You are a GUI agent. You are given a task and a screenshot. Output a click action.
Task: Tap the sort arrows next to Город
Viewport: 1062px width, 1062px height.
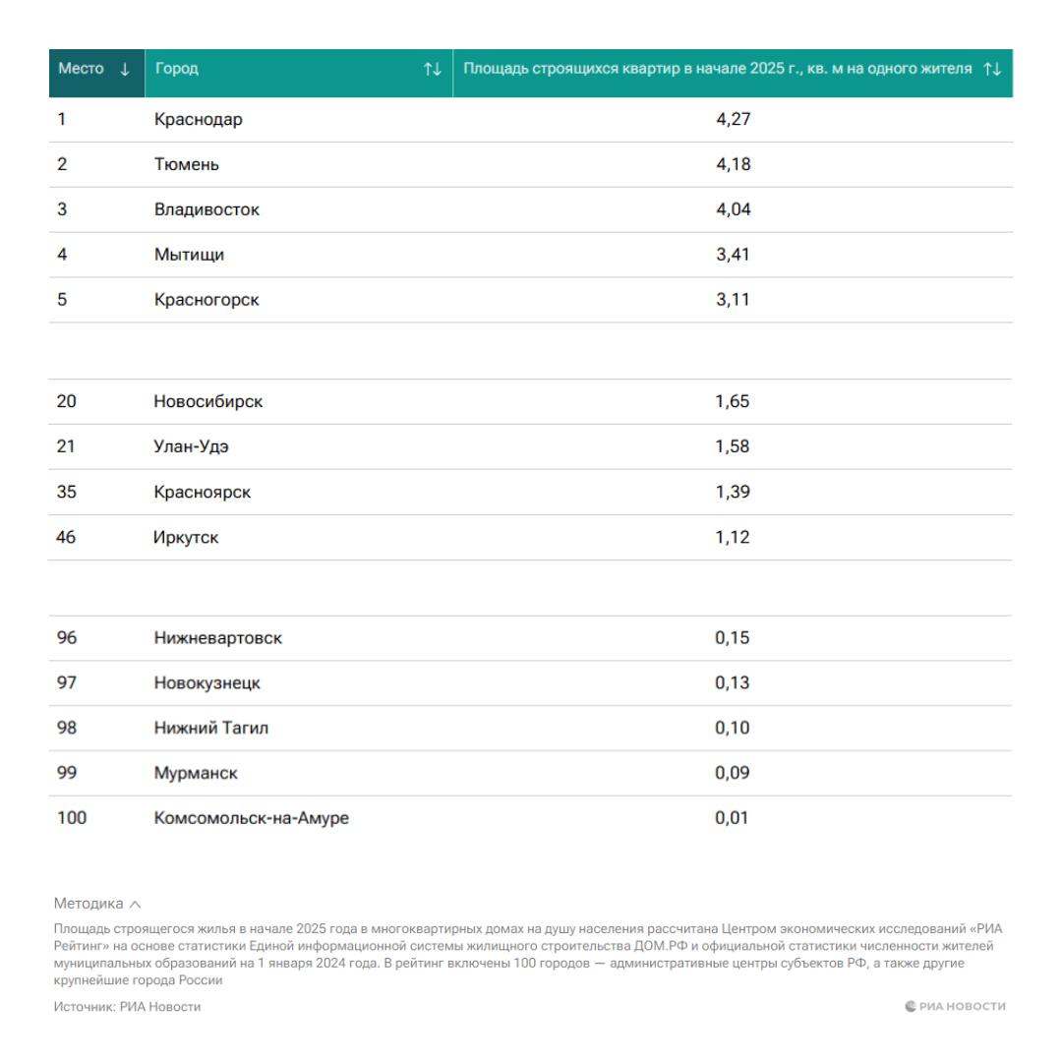pyautogui.click(x=433, y=69)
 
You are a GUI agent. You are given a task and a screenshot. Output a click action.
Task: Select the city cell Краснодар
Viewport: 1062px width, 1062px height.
pyautogui.click(x=198, y=120)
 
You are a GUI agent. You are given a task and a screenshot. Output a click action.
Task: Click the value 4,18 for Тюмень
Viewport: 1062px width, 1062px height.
pyautogui.click(x=733, y=164)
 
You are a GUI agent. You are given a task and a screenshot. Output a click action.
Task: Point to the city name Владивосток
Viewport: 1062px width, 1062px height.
pyautogui.click(x=206, y=209)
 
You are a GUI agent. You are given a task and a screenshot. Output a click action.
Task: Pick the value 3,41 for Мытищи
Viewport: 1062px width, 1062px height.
pyautogui.click(x=733, y=255)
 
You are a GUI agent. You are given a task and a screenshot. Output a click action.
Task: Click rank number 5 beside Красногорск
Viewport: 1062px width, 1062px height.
pyautogui.click(x=62, y=300)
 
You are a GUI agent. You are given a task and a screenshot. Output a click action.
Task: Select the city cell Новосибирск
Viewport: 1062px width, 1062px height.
pyautogui.click(x=208, y=401)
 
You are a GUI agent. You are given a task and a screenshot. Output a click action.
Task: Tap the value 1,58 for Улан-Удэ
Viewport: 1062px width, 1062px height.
pyautogui.click(x=733, y=446)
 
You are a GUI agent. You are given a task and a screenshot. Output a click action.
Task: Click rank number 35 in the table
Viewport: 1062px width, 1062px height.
pyautogui.click(x=67, y=492)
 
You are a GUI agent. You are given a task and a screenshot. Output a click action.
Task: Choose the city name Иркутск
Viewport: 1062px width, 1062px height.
pyautogui.click(x=186, y=537)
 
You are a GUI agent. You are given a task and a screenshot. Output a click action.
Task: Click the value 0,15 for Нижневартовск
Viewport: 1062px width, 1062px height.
pyautogui.click(x=733, y=637)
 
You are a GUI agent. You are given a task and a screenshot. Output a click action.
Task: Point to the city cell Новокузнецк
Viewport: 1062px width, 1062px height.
pyautogui.click(x=206, y=682)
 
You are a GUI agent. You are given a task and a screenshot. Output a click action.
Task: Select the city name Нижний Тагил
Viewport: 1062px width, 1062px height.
pyautogui.click(x=210, y=728)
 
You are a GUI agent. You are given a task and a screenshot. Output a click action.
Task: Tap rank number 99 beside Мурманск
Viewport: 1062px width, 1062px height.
pyautogui.click(x=67, y=773)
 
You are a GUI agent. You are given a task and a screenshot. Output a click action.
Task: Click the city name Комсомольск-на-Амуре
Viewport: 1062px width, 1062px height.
pyautogui.click(x=251, y=818)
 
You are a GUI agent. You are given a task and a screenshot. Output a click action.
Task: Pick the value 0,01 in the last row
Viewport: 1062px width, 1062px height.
pyautogui.click(x=733, y=818)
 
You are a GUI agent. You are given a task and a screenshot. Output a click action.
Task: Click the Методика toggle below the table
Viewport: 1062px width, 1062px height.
pyautogui.click(x=97, y=903)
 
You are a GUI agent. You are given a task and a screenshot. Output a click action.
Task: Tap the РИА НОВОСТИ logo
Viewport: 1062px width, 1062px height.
pyautogui.click(x=955, y=1006)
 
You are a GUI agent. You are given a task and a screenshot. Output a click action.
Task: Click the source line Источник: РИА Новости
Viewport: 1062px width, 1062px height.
pyautogui.click(x=127, y=1006)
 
